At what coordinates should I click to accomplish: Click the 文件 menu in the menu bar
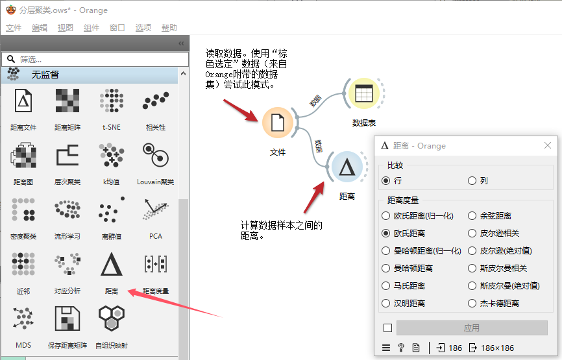tap(14, 28)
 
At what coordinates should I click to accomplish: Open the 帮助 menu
tap(169, 28)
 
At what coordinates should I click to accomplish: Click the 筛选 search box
tap(91, 58)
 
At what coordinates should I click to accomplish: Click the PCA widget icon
tap(156, 211)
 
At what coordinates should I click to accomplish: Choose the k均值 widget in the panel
tap(112, 156)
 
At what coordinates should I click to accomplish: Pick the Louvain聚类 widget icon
tap(156, 156)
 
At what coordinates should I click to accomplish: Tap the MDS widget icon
tap(23, 320)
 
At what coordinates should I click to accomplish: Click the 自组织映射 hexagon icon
tap(112, 320)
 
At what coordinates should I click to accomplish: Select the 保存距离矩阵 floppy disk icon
tap(67, 320)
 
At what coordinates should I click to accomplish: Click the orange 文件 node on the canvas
tap(278, 122)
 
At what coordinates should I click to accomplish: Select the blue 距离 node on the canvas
tap(347, 167)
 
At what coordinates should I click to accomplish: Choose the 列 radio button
tap(472, 181)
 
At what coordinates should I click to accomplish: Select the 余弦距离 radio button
tap(472, 215)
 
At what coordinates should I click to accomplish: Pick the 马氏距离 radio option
tap(387, 285)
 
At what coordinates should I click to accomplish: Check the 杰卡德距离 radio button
tap(472, 303)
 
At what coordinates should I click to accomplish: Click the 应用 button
tap(472, 328)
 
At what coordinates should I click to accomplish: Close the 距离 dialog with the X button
tap(548, 145)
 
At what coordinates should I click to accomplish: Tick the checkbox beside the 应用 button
tap(387, 328)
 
